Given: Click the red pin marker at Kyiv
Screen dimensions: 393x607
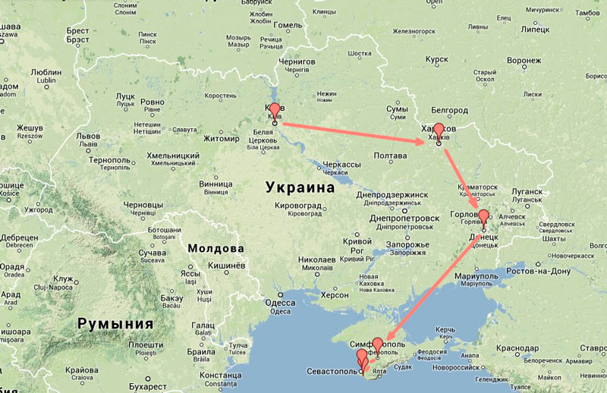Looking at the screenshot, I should coord(275,111).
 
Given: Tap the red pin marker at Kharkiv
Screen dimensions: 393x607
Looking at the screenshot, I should coord(439,130).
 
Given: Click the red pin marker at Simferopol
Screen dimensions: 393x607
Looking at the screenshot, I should coord(378,345).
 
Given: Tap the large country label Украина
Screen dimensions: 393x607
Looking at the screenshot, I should coord(300,187).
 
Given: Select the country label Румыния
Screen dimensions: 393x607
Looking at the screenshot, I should coord(115,324).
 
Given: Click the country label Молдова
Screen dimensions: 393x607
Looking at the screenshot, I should coord(215,249).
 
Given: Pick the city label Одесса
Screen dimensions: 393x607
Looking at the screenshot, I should coord(280,302).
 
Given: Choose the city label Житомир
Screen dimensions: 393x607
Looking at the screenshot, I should coord(222,139).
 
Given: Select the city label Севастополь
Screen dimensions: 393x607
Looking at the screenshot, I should coord(329,372).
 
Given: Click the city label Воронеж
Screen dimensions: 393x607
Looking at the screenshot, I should coord(524,60).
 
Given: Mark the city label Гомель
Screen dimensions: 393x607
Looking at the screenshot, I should coord(288,25).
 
